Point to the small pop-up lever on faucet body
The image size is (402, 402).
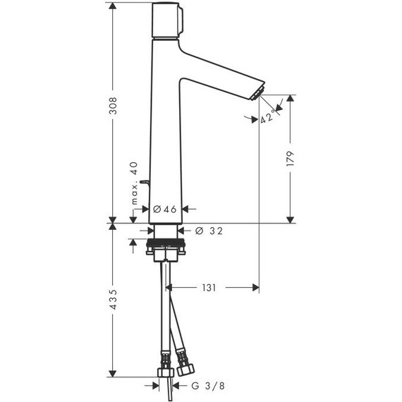click(x=144, y=182)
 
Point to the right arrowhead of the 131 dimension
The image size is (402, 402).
click(x=256, y=288)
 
